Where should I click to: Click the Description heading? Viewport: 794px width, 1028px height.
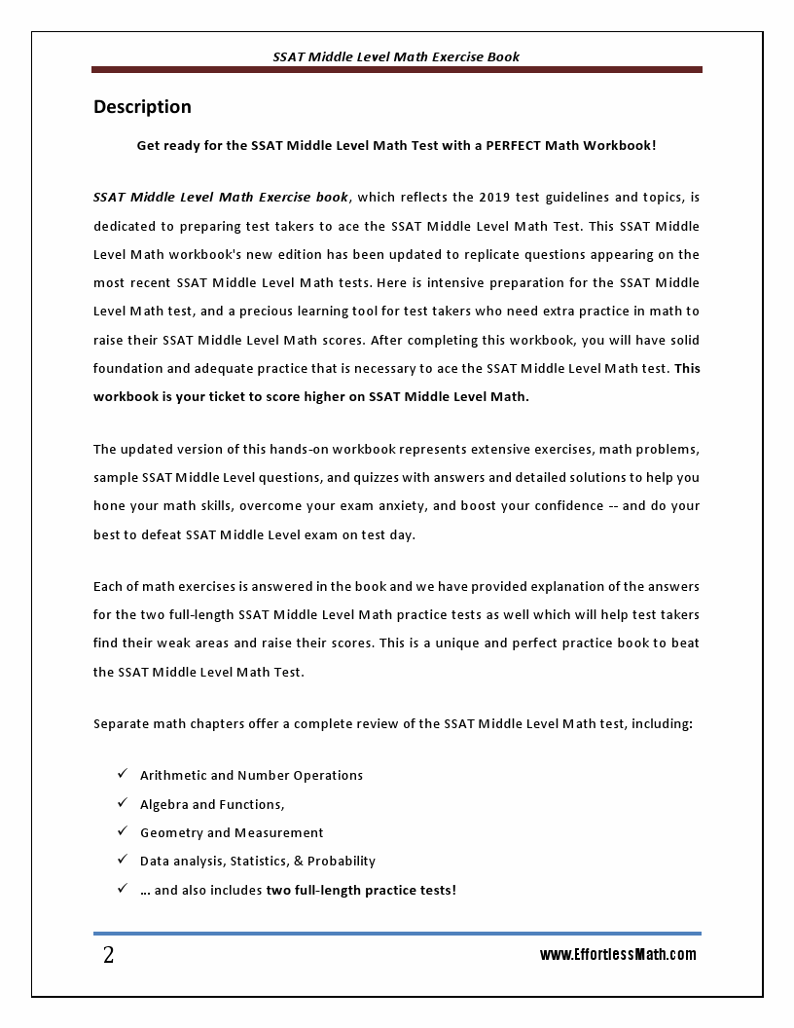point(142,107)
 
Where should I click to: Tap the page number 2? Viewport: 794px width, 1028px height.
point(108,956)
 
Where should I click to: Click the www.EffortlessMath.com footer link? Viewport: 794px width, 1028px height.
point(618,955)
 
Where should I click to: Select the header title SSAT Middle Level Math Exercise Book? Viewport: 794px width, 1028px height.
point(396,56)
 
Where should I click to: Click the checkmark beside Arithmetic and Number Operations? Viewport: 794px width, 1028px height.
point(123,774)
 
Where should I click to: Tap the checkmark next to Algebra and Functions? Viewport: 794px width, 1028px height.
point(123,803)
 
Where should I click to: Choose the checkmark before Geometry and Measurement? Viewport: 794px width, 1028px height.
point(123,831)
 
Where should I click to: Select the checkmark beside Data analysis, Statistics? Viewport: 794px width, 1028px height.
point(123,860)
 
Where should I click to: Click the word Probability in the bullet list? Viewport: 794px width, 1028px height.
point(341,862)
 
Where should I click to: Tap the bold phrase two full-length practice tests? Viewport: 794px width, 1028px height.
point(361,891)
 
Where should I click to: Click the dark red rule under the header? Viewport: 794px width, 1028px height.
point(396,70)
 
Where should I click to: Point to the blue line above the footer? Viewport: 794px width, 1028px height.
point(396,934)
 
